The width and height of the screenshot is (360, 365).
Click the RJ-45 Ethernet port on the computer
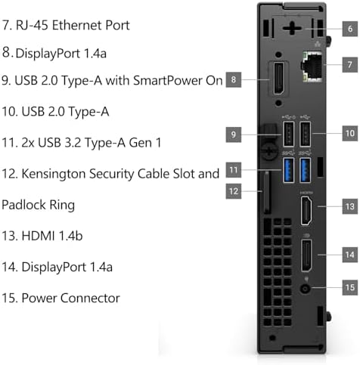[312, 67]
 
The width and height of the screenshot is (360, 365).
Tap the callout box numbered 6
[350, 29]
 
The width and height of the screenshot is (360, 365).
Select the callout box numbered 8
[234, 79]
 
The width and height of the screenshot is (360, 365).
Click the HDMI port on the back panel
[306, 211]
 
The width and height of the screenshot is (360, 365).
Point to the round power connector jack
[306, 288]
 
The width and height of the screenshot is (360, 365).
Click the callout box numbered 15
[350, 287]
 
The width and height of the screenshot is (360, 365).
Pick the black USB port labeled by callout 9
[289, 134]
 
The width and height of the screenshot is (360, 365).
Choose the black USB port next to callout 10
[305, 134]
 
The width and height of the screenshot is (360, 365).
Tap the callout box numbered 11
[234, 170]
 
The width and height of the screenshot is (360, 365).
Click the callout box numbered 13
[350, 206]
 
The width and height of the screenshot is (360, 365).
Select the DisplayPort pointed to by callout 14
[306, 255]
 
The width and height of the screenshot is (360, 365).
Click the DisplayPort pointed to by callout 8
[279, 79]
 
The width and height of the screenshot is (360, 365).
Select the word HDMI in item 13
[39, 236]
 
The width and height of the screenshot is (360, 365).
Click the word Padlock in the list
[23, 205]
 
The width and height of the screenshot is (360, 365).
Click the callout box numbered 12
[234, 191]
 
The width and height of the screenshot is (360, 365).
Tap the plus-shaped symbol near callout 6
[292, 28]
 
